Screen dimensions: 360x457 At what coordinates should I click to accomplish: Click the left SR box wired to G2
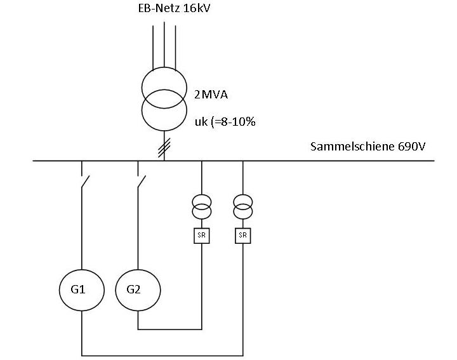[x=201, y=236]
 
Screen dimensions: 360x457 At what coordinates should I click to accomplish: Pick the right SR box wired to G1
[x=242, y=236]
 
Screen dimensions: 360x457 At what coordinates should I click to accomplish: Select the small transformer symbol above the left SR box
[x=201, y=206]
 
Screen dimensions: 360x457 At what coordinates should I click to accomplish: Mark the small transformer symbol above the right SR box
[x=242, y=206]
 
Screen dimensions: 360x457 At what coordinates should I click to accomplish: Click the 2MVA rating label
[x=211, y=95]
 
